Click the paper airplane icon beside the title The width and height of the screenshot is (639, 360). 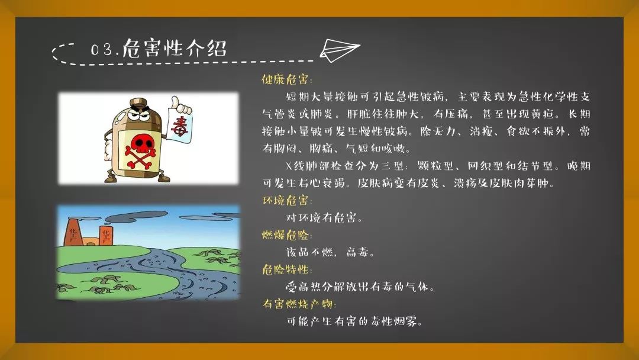pos(341,50)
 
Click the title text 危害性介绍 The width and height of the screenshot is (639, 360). pos(175,48)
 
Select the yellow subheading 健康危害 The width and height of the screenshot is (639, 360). pos(286,79)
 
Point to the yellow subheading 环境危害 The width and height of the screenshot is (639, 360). pos(286,201)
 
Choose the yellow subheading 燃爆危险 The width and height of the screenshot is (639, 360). pos(286,235)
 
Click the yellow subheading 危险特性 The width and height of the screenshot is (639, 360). pos(286,270)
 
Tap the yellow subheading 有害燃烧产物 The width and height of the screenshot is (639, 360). pos(299,304)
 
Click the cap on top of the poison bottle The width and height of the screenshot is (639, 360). pos(138,102)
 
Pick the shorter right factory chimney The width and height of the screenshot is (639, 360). pos(106,235)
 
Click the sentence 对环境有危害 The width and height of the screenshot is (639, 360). pos(324,218)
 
